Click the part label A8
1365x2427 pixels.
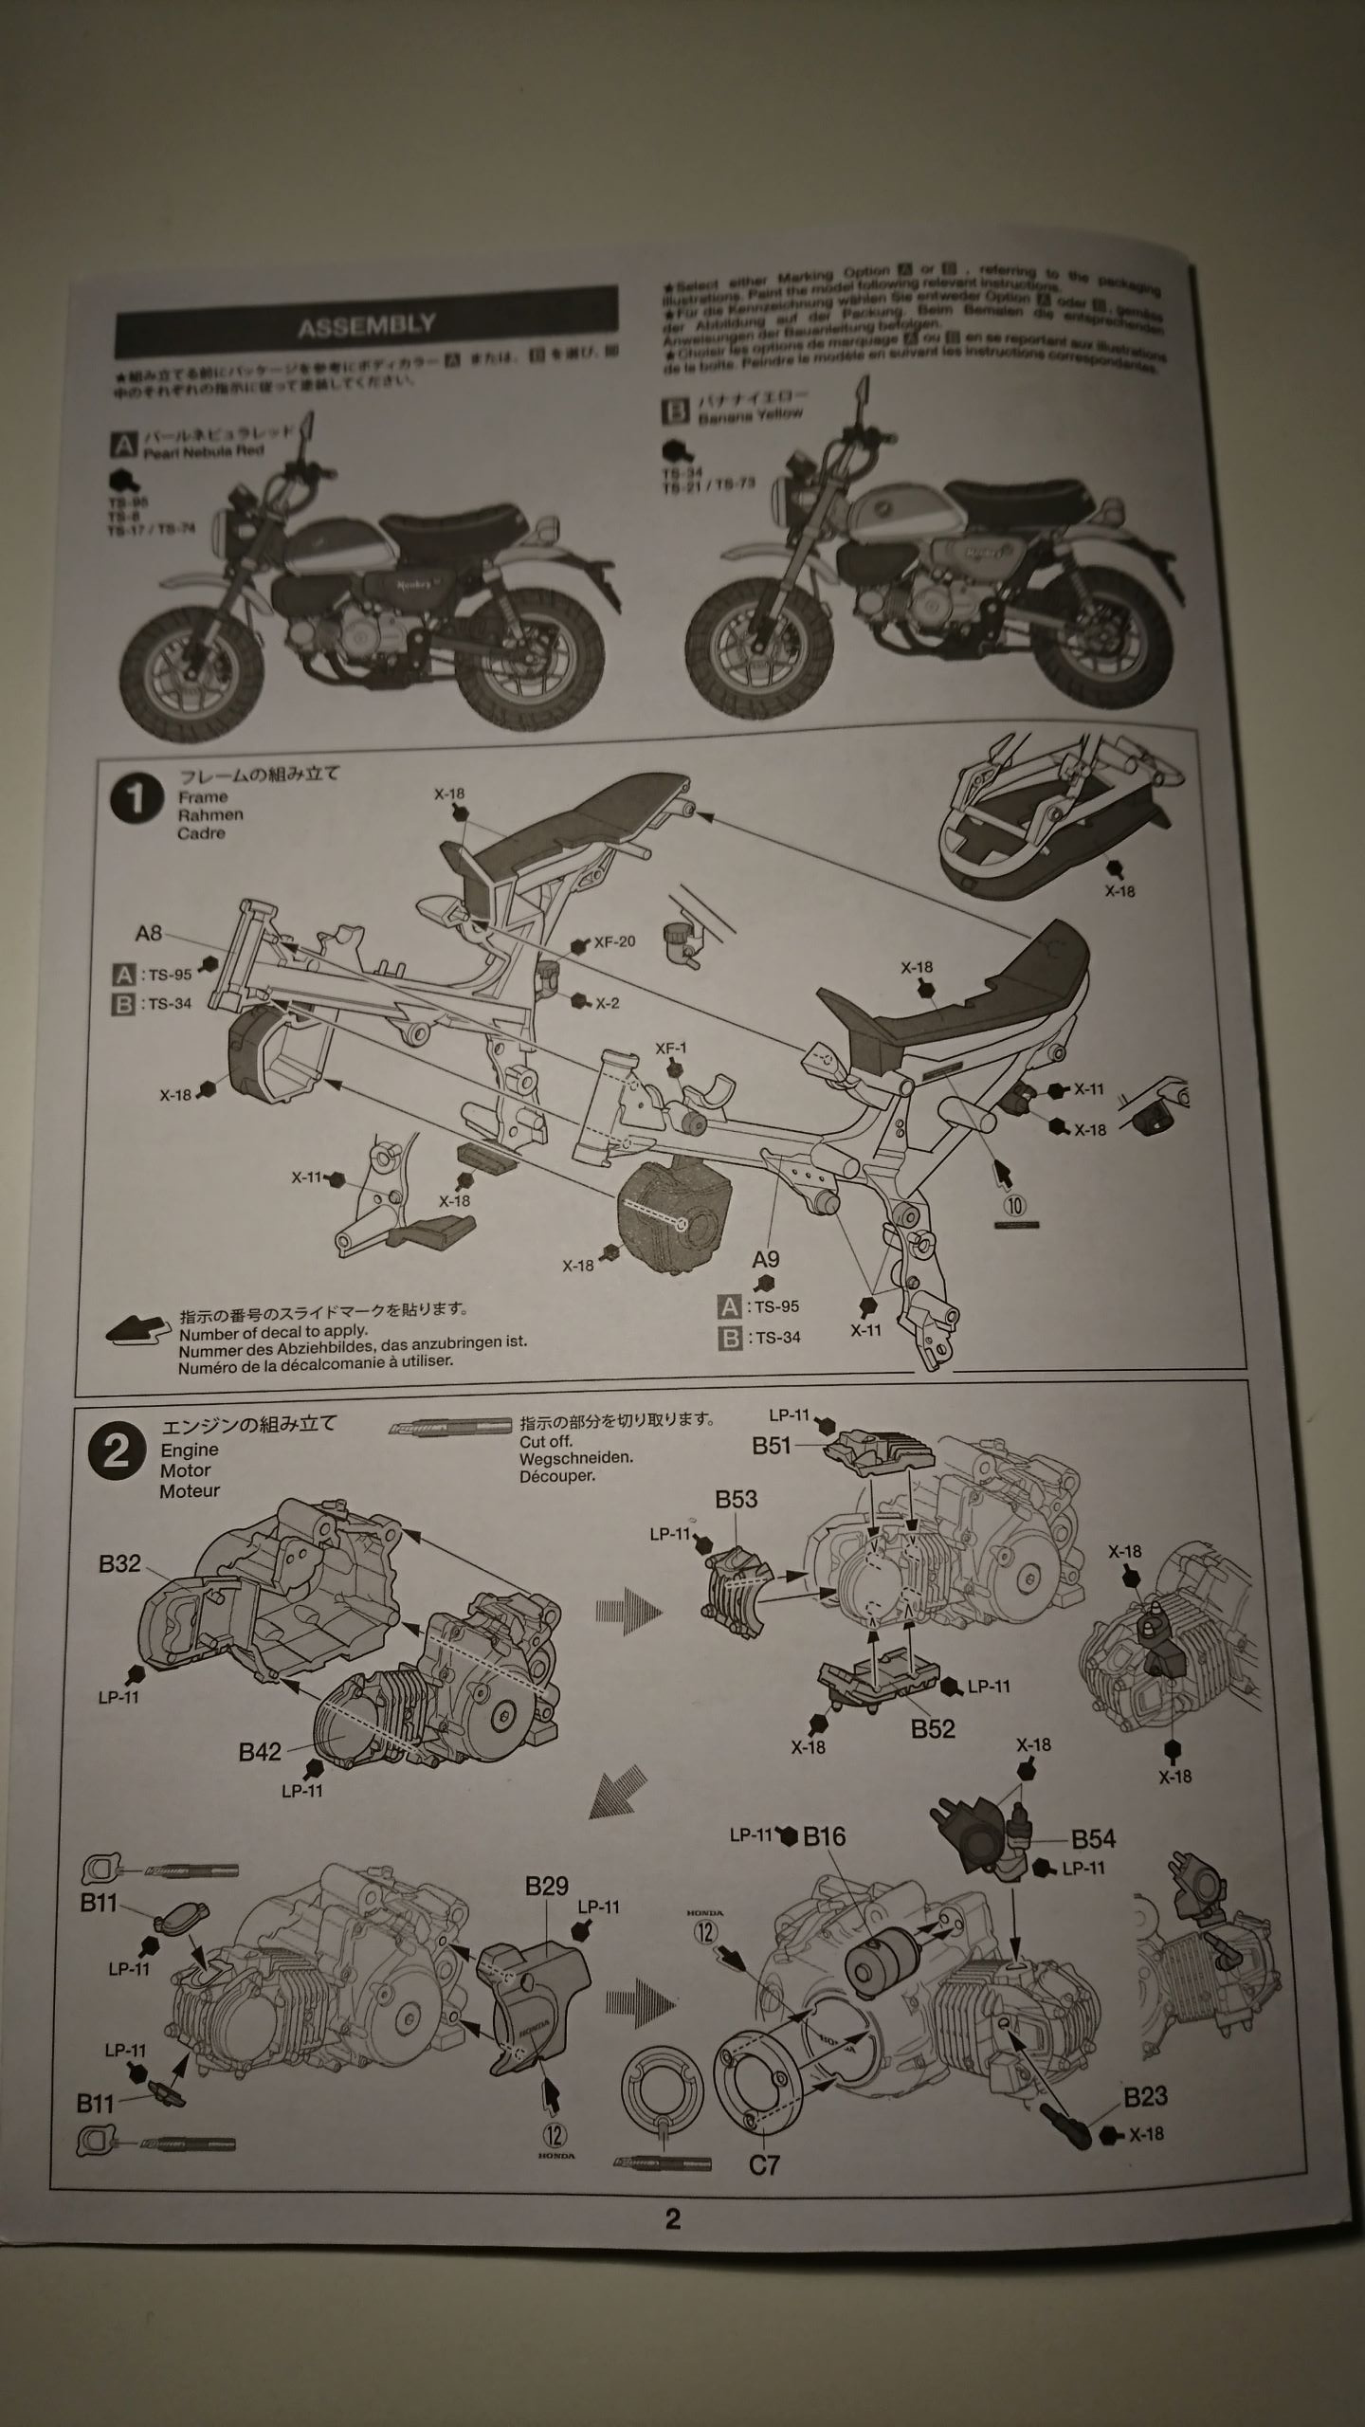tap(149, 933)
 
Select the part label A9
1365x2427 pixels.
tap(765, 1259)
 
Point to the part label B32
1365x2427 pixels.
tap(119, 1563)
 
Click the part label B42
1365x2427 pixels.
tap(260, 1751)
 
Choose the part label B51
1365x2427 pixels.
tap(773, 1446)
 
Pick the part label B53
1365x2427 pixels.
tap(736, 1499)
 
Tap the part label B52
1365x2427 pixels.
tap(932, 1728)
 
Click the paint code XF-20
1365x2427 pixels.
tap(614, 942)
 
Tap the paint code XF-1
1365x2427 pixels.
tap(671, 1049)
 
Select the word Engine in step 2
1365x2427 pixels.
tap(190, 1450)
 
